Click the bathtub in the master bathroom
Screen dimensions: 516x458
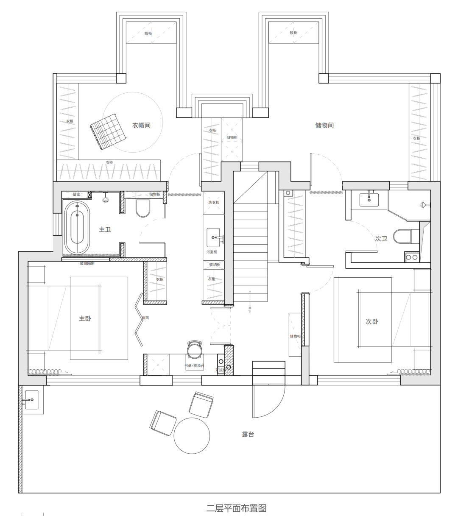(x=77, y=228)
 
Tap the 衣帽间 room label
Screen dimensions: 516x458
(x=141, y=125)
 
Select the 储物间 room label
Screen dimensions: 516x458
(x=324, y=125)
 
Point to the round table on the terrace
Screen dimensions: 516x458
(x=192, y=435)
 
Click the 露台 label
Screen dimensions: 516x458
(x=248, y=435)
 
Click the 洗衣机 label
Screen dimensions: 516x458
(x=213, y=202)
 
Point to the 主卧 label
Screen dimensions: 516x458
(x=85, y=318)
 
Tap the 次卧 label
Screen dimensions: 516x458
(x=372, y=321)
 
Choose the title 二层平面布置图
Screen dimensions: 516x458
(x=236, y=508)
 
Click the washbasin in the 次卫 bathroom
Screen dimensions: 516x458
(x=369, y=199)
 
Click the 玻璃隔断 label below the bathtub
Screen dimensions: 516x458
(x=87, y=263)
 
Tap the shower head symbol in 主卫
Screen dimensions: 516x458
(x=106, y=198)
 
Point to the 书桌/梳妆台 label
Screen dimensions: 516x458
(x=194, y=365)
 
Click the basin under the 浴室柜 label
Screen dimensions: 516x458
(x=213, y=237)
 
